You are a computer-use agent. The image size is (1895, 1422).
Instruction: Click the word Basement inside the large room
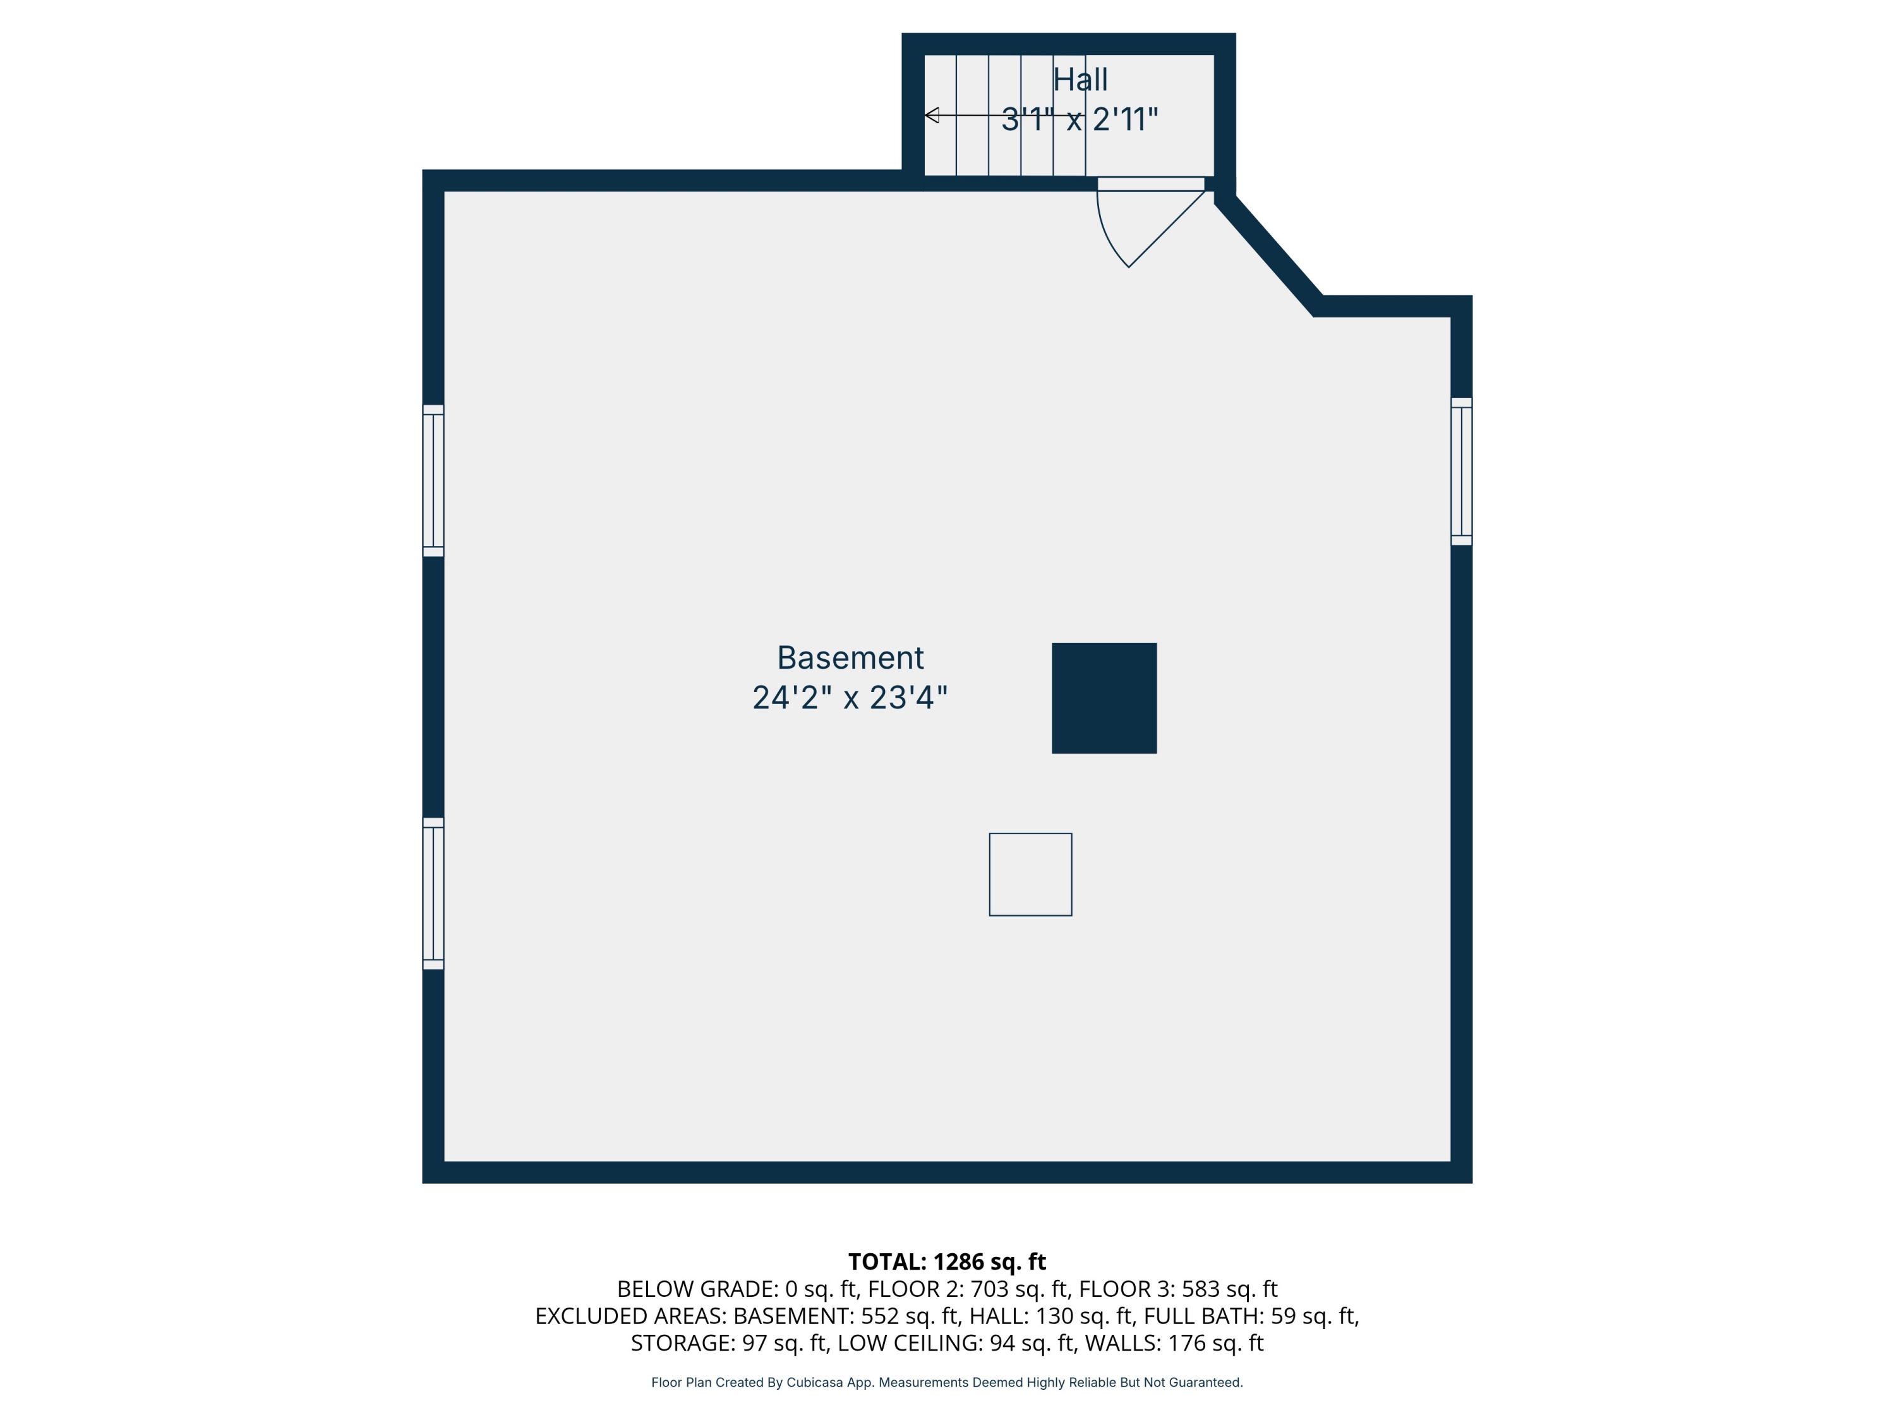850,657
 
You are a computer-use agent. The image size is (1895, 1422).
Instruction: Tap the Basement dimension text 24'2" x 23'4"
850,698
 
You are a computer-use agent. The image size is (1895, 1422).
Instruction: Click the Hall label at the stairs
1080,80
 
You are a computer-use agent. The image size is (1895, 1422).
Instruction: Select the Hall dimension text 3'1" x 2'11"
1080,119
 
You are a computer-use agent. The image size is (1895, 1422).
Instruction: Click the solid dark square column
1104,698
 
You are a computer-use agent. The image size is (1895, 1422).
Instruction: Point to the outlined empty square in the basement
1030,874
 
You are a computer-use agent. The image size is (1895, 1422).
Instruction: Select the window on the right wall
1460,471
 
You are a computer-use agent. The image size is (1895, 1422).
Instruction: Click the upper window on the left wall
433,481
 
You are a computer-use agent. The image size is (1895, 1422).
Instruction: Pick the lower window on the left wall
433,893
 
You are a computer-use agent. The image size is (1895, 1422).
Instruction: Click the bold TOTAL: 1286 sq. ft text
947,1261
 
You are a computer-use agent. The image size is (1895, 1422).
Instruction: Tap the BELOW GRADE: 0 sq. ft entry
737,1289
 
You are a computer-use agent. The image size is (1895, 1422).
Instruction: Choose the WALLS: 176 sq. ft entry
1174,1343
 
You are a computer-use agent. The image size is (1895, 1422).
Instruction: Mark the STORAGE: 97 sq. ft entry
729,1343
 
